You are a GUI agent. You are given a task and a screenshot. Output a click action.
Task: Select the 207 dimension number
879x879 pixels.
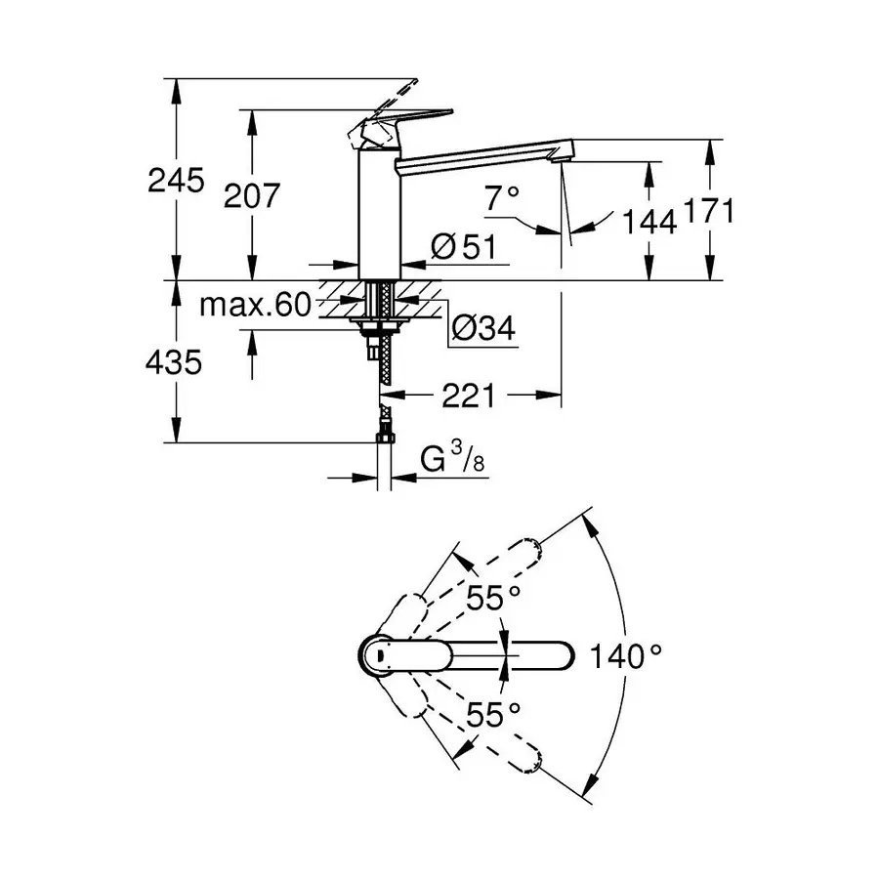[x=252, y=195]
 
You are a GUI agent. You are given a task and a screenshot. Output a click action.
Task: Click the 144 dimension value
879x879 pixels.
[x=649, y=223]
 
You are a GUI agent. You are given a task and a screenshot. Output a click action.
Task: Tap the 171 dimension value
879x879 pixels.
[x=708, y=211]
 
